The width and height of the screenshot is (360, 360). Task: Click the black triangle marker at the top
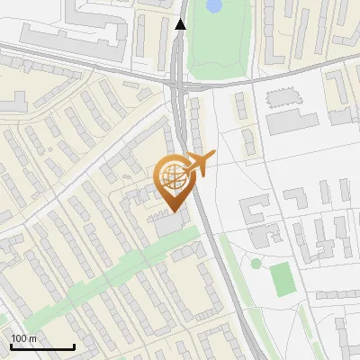pos(181,24)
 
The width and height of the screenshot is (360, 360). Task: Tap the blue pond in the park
pos(213,5)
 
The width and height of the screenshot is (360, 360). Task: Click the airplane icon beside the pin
pos(200,165)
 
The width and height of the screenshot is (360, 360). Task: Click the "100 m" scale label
pos(23,338)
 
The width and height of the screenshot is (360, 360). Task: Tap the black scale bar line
pos(42,346)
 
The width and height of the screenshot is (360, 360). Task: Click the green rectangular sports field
pos(283,279)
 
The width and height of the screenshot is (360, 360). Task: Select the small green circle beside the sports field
pos(256,264)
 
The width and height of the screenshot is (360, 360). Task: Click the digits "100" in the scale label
pos(19,338)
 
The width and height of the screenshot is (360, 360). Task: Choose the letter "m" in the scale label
pos(31,338)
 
